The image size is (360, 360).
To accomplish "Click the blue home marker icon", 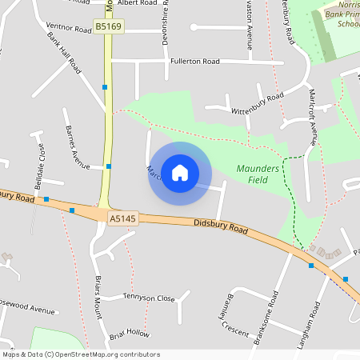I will [x=179, y=172].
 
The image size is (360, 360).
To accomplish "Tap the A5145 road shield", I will [x=120, y=217].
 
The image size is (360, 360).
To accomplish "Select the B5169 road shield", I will [x=108, y=27].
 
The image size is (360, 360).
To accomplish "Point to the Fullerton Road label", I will [x=194, y=62].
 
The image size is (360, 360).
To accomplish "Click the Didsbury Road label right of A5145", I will [x=221, y=227].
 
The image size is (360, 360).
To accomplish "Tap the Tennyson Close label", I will [x=149, y=298].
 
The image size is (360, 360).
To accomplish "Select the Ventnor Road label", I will [x=70, y=28].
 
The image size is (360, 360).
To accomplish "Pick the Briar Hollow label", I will [x=130, y=331].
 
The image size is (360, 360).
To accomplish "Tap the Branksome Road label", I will [x=265, y=317].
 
